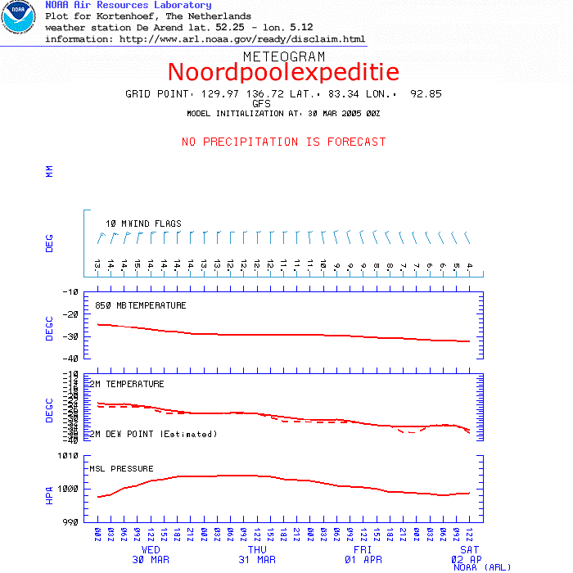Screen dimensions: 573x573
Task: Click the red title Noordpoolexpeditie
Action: pos(283,72)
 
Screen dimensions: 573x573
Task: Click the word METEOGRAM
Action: pos(283,56)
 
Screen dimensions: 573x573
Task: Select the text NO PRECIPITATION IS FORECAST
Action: pos(283,142)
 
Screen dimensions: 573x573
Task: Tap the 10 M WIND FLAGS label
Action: pos(143,223)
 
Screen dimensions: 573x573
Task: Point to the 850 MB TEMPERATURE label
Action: pos(141,305)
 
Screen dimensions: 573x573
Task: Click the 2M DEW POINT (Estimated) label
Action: pos(153,434)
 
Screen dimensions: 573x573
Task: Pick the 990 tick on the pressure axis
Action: pos(71,521)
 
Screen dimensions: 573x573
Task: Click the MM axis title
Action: pos(49,171)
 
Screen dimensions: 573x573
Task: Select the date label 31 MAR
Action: pos(257,560)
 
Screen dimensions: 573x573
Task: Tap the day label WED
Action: pos(151,550)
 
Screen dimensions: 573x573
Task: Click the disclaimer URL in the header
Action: pos(242,38)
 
